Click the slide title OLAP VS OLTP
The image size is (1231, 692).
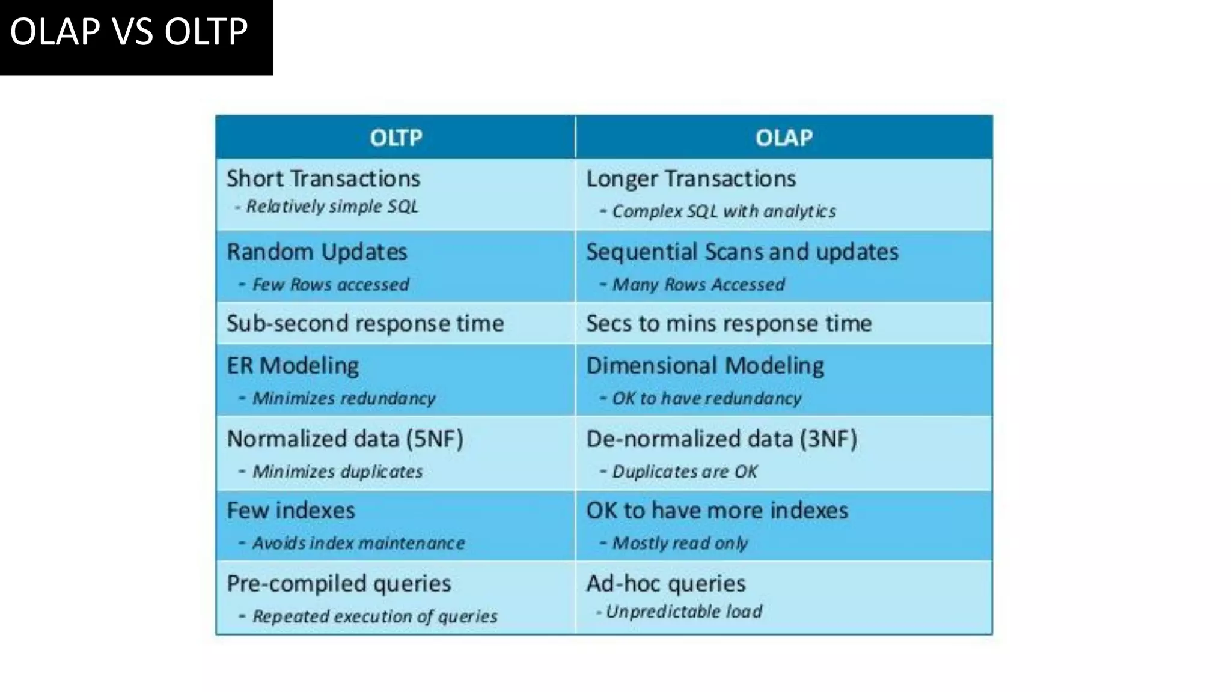coord(129,32)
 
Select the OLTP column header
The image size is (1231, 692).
coord(396,138)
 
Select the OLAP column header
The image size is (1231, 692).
coord(784,138)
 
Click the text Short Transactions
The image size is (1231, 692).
coord(323,179)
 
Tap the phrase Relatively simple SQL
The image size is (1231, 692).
coord(332,207)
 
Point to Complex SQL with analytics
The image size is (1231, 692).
coord(724,211)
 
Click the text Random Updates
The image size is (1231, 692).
coord(317,252)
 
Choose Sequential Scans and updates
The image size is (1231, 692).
coord(742,252)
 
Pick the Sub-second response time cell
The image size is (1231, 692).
coord(365,324)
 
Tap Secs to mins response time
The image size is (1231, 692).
coord(729,324)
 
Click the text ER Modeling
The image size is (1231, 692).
coord(293,366)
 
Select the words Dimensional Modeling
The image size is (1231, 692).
coord(705,366)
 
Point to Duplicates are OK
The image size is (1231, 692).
coord(685,472)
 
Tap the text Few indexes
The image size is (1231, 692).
coord(291,511)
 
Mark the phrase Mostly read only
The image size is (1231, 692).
coord(679,543)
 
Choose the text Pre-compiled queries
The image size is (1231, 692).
coord(338,584)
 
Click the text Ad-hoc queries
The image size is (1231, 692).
coord(665,584)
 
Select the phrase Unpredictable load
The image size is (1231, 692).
coord(683,612)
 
